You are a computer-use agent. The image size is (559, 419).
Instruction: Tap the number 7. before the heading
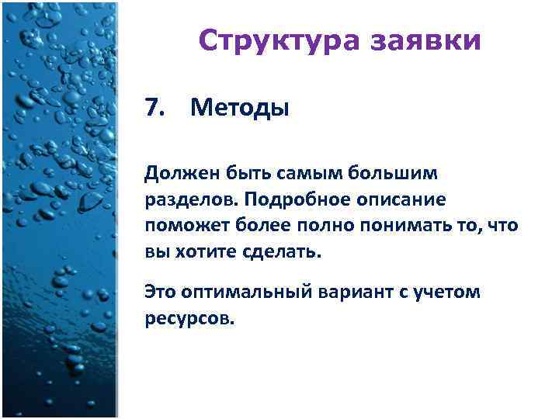tap(156, 107)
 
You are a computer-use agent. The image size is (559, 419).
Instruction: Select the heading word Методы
tap(239, 107)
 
